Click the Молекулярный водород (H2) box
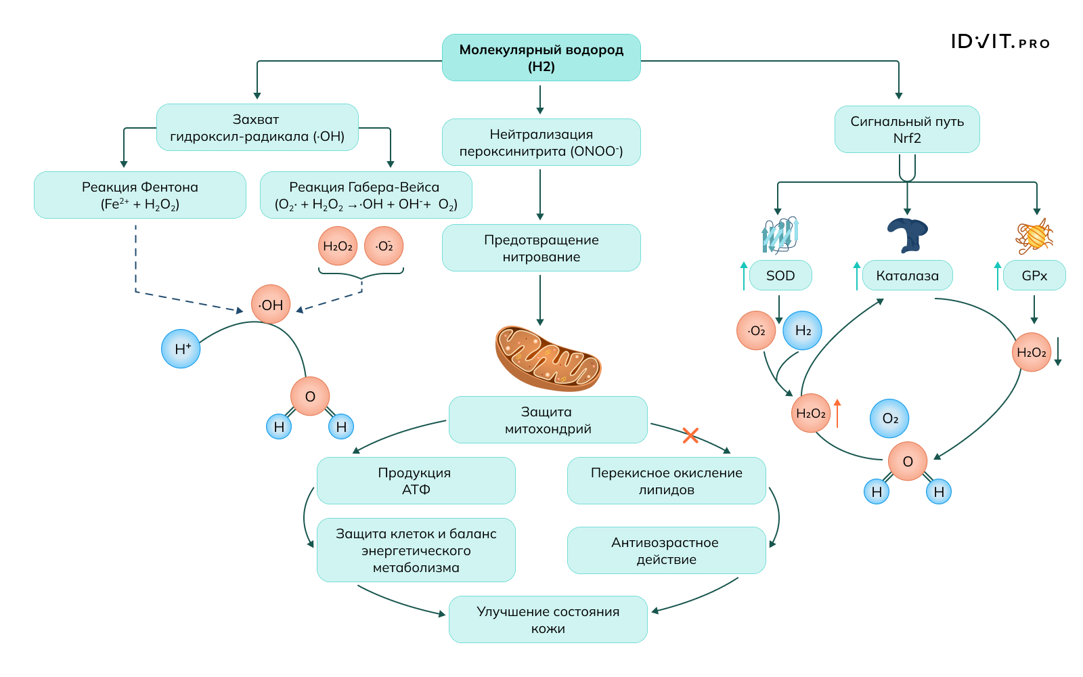coord(541,58)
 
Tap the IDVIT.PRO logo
coord(1000,42)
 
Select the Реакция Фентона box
coord(140,195)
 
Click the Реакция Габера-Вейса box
coord(366,195)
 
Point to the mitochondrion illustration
coord(548,358)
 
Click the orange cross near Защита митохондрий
coord(690,435)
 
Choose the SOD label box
coord(780,276)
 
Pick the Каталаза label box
coord(907,276)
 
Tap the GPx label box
coord(1034,276)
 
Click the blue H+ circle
coord(181,349)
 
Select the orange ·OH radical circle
coord(271,305)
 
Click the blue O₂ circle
coord(889,418)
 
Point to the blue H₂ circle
coord(802,330)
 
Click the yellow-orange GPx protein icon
coord(1034,236)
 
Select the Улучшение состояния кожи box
coord(548,619)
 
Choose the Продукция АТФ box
coord(416,481)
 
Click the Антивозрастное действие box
coord(666,550)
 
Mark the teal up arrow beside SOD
coord(744,276)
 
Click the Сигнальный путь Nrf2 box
coord(907,129)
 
